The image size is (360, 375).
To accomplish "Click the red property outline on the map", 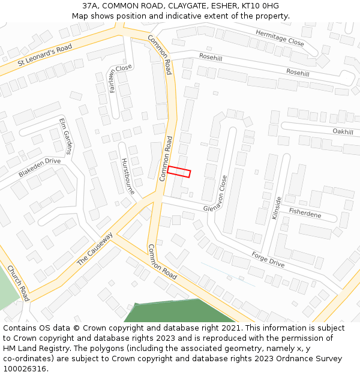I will coord(179,172).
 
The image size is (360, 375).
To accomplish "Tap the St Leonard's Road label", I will coord(45,55).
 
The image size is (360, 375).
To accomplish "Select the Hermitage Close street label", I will coord(280,38).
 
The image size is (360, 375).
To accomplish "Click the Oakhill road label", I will coord(343,131).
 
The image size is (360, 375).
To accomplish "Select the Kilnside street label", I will coord(277,208).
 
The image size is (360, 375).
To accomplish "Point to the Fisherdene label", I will coord(305,213).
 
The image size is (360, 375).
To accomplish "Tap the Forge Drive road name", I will coord(268,259).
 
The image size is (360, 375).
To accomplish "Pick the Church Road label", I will coord(18,283).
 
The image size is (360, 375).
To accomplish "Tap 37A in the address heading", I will coord(91,5).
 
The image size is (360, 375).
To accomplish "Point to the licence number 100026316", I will coord(24,369).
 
